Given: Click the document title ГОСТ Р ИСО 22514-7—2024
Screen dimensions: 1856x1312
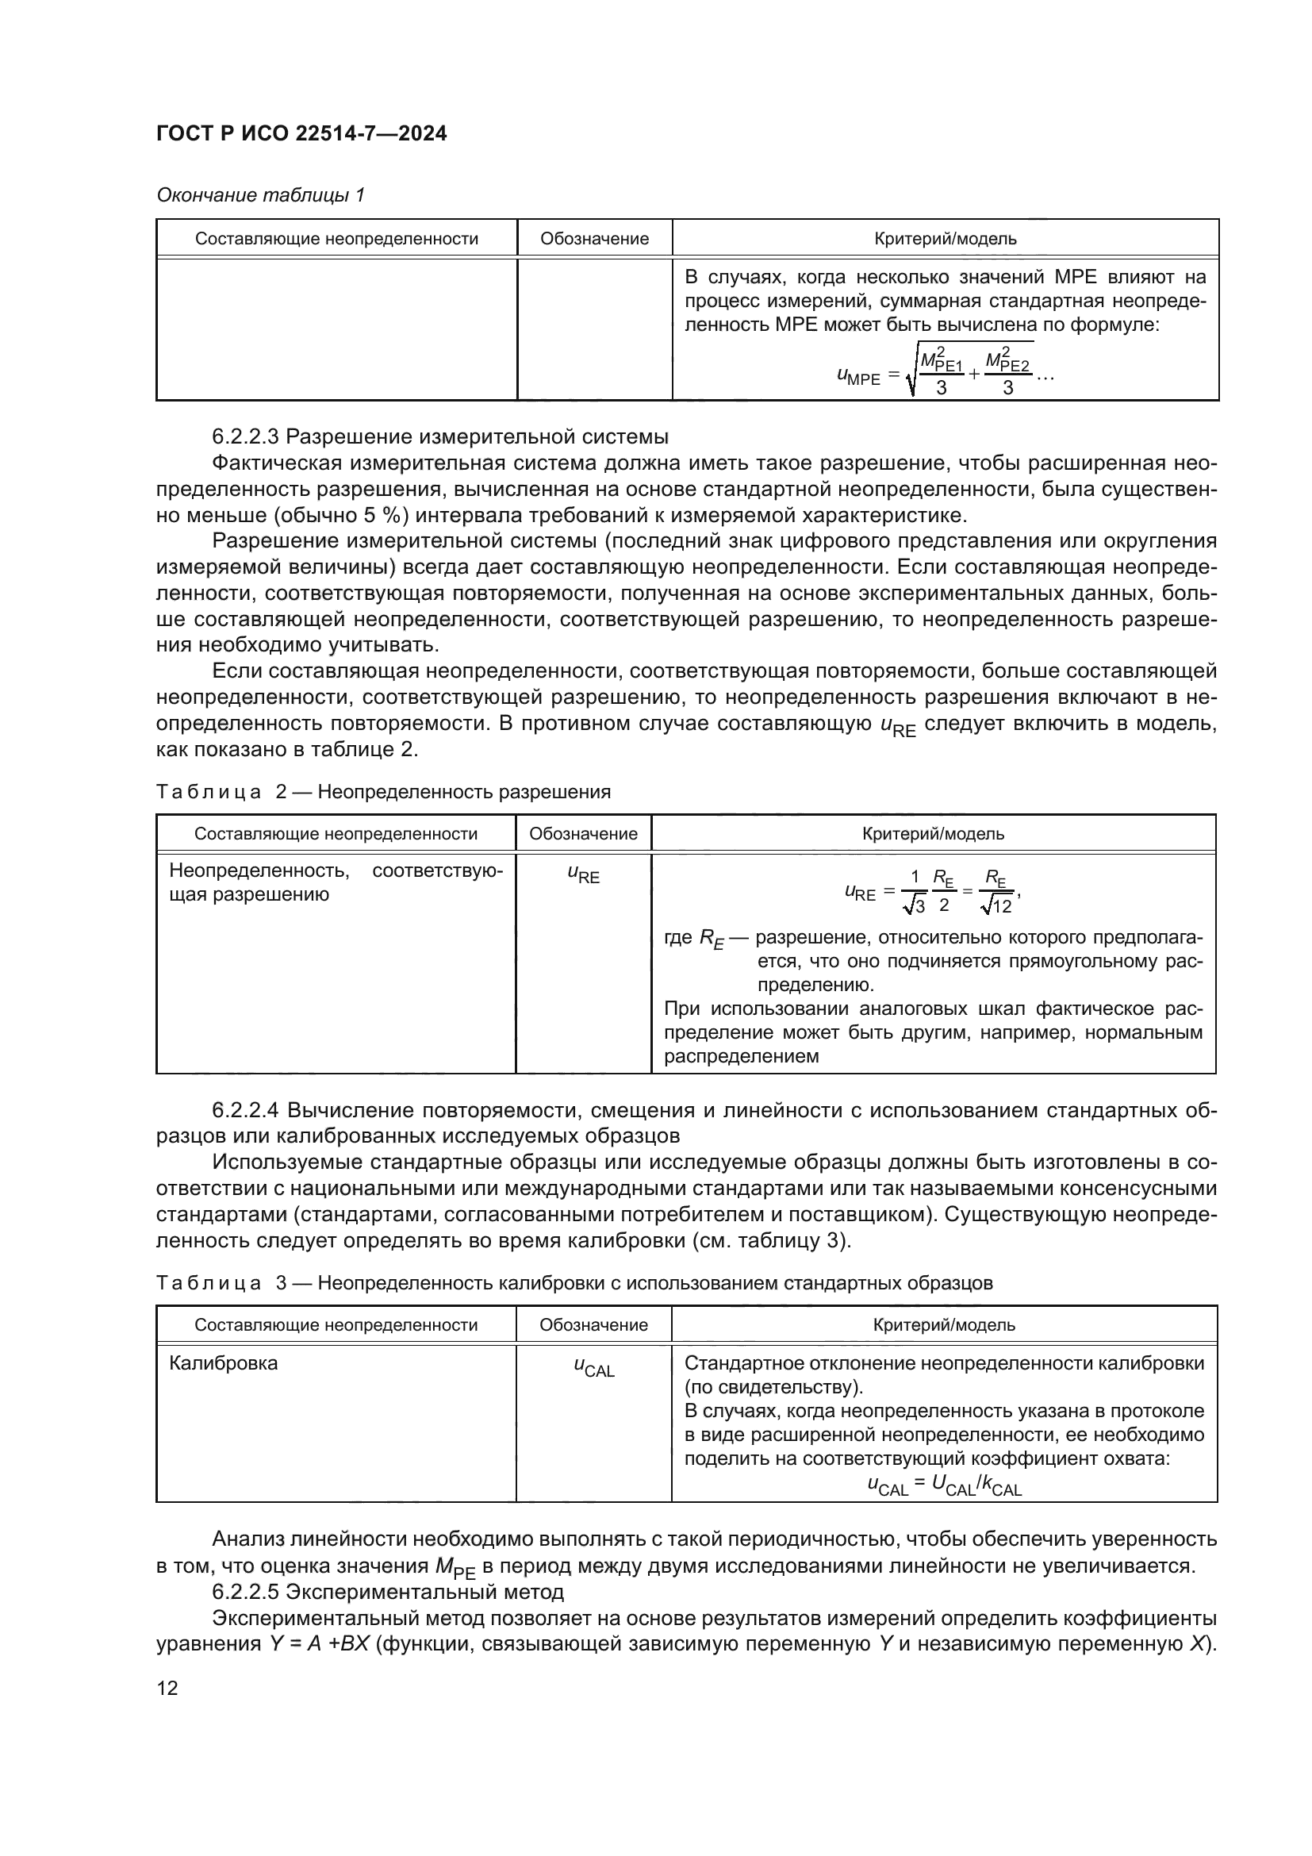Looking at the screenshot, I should pos(301,133).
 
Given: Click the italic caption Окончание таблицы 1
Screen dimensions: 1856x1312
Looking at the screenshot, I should pos(260,195).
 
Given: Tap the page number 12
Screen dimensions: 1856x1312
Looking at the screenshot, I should pos(167,1688).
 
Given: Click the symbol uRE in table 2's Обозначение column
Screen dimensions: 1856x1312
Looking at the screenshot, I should pos(583,874).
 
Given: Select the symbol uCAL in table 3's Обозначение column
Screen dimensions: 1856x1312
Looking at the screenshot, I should pos(594,1366).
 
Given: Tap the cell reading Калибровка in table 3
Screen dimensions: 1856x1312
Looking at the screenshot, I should pos(223,1363).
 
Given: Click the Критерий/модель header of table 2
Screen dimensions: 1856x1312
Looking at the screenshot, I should pos(933,833).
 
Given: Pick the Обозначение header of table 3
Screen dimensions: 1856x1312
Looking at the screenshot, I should pos(594,1325).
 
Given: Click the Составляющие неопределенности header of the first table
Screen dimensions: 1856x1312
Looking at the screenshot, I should pos(336,239).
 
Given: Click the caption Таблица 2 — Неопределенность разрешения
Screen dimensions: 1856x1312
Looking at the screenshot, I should pos(383,791).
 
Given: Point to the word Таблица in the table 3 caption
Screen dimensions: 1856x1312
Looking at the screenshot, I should pos(209,1283).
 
